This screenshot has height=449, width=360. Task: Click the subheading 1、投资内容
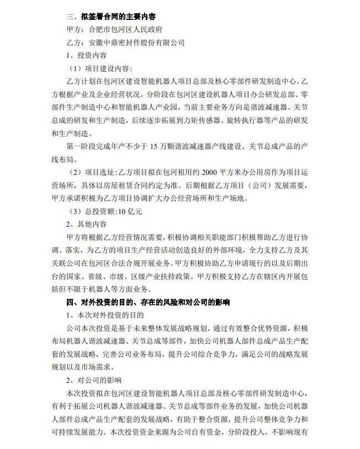[87, 55]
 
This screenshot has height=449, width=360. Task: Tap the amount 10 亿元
[131, 211]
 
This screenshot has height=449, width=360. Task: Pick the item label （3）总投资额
[96, 211]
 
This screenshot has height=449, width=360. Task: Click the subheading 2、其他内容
[87, 224]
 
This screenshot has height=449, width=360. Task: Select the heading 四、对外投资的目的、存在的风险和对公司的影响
[148, 302]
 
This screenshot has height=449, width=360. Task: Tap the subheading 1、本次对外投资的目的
[105, 315]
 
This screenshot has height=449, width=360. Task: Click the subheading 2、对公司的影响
[94, 380]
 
